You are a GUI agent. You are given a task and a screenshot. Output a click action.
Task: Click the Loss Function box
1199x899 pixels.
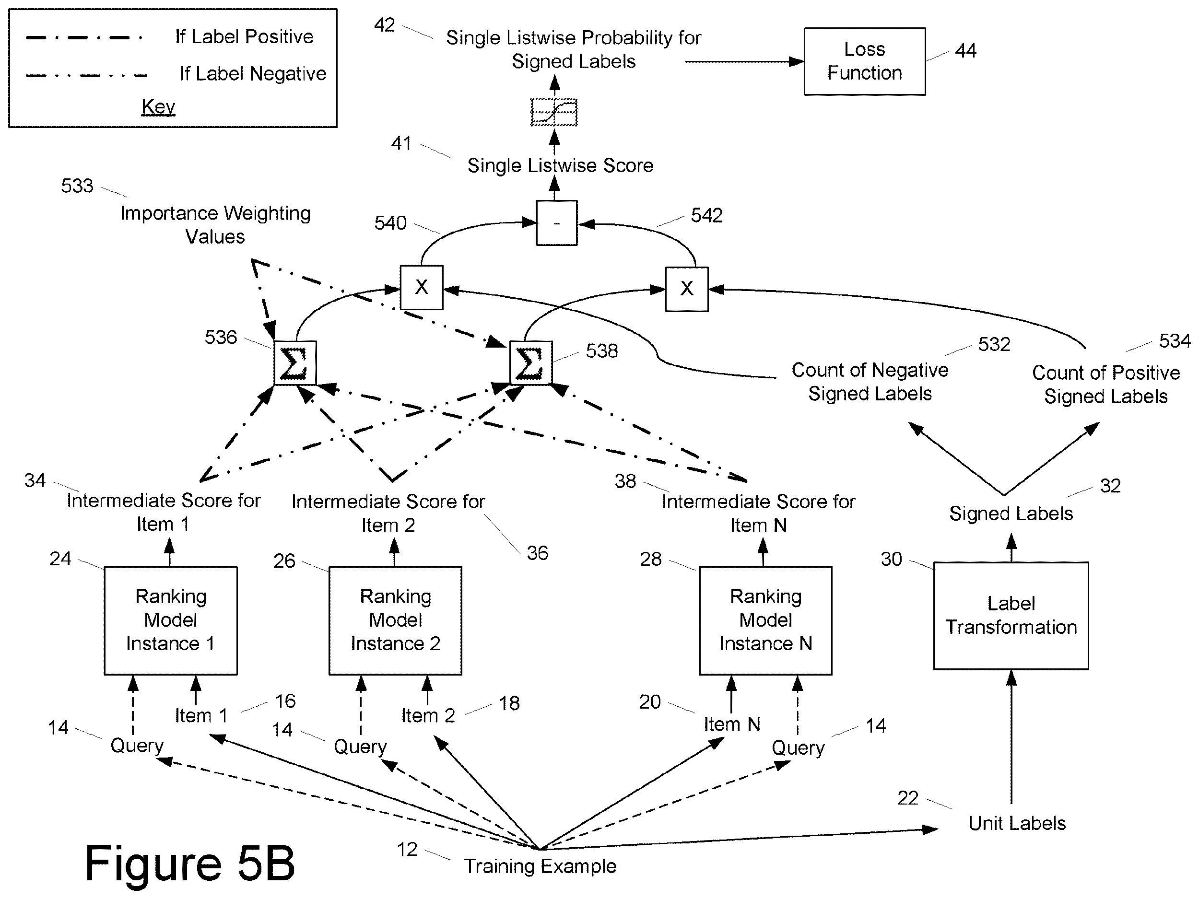(865, 61)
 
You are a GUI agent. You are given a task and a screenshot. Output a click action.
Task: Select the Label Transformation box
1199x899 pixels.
(1011, 616)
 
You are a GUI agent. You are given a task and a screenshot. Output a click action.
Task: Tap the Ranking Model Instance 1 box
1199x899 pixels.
(171, 620)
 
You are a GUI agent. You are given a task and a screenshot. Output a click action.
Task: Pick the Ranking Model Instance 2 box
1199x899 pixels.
(395, 620)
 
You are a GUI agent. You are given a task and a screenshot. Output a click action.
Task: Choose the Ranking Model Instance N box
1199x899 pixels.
(765, 620)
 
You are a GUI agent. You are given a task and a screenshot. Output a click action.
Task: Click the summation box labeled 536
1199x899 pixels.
(295, 363)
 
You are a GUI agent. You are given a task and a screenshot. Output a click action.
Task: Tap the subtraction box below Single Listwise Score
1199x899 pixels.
(557, 223)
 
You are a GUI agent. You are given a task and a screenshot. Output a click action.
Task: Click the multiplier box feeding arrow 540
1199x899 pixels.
(422, 287)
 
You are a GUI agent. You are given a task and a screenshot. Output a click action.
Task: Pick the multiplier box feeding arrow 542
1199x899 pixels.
(687, 289)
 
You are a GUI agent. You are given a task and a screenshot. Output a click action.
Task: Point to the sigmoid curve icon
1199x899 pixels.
(554, 112)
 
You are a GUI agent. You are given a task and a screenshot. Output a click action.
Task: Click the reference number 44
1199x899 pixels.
(965, 50)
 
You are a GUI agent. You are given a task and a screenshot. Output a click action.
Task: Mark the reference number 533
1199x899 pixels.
(77, 186)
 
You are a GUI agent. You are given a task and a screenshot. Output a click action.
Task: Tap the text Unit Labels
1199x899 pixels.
(1017, 823)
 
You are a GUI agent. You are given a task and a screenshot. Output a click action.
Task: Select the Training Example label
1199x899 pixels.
(540, 866)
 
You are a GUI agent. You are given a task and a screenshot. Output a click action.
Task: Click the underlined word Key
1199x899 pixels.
(158, 107)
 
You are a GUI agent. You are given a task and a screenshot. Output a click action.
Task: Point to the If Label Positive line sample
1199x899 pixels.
(84, 38)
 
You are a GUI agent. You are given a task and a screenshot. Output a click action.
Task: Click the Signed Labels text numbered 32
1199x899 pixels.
(1011, 513)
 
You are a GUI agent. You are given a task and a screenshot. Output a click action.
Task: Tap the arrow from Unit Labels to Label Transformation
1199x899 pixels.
(1011, 737)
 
